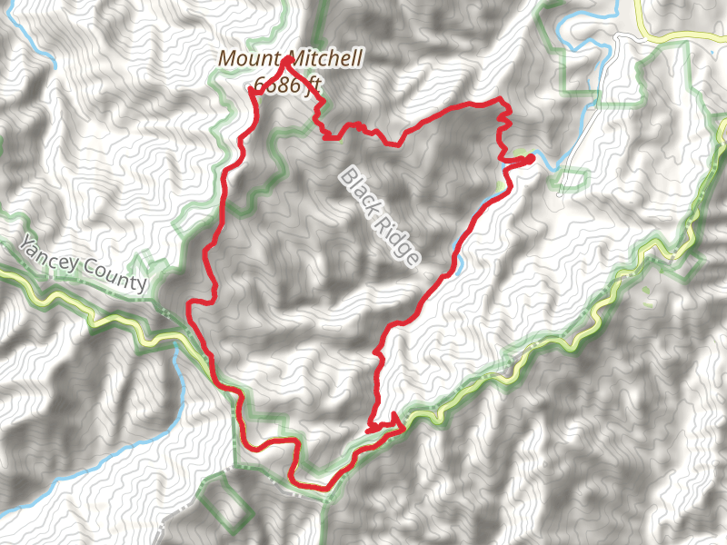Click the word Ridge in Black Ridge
[401, 243]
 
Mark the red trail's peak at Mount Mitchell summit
[288, 59]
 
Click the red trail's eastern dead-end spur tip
[531, 158]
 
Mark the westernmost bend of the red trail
[189, 307]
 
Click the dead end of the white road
[559, 193]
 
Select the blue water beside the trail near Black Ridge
[460, 264]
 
